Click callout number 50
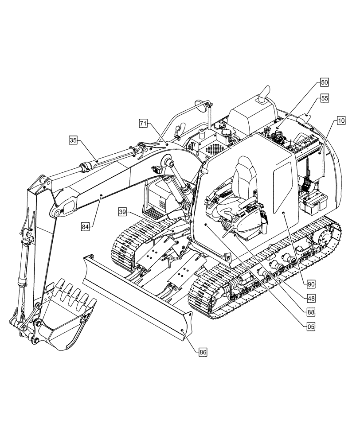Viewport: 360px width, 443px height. click(325, 82)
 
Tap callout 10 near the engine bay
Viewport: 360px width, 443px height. click(340, 120)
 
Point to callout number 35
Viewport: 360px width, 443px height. click(73, 140)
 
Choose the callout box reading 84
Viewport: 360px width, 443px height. click(86, 226)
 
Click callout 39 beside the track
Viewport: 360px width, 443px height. click(123, 212)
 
